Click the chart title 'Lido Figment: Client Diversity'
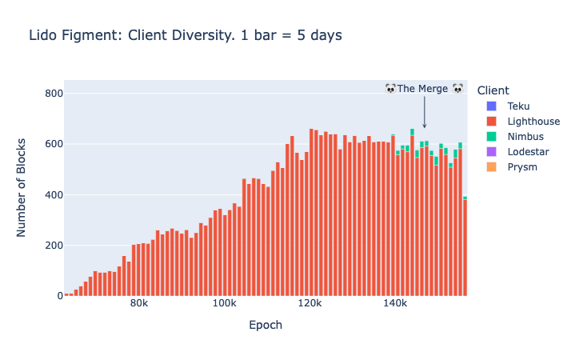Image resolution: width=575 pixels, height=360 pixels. pyautogui.click(x=185, y=35)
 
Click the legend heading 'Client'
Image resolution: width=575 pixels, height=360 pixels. pyautogui.click(x=493, y=90)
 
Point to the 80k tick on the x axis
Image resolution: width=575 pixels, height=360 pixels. pyautogui.click(x=139, y=305)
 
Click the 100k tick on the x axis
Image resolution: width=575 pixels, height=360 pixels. pyautogui.click(x=224, y=305)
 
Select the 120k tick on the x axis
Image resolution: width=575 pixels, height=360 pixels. pyautogui.click(x=309, y=305)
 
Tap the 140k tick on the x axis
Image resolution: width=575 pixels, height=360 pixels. pyautogui.click(x=394, y=305)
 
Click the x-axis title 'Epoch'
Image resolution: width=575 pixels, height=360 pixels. pyautogui.click(x=266, y=326)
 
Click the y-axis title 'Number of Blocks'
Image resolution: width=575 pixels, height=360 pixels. pyautogui.click(x=22, y=188)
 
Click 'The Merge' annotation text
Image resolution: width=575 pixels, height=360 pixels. pyautogui.click(x=424, y=89)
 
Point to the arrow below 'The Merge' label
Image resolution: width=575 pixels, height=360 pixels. pyautogui.click(x=425, y=112)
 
